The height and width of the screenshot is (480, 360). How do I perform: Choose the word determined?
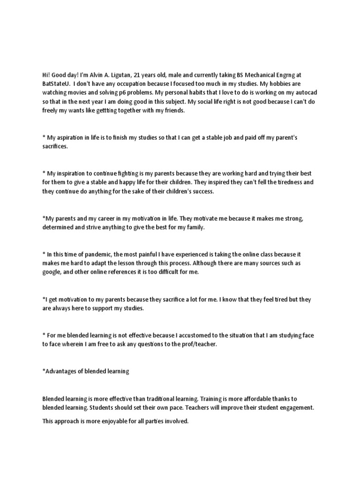[59, 227]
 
